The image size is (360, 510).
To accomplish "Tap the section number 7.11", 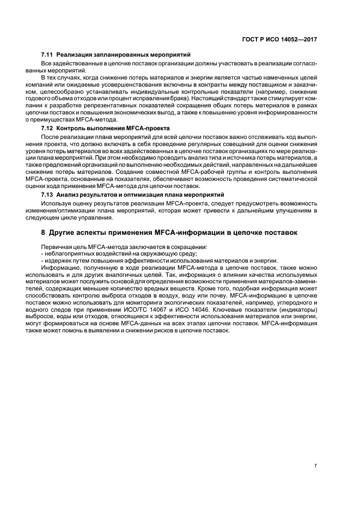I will point(47,56).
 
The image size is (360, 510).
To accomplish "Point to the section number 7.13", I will point(47,195).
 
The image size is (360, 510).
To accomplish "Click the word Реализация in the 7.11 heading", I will point(72,56).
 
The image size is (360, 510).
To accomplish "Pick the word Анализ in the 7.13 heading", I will point(68,195).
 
